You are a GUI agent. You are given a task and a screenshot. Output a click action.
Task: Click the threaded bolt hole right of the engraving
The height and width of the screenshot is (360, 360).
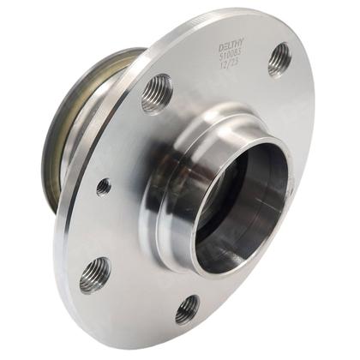pos(279,59)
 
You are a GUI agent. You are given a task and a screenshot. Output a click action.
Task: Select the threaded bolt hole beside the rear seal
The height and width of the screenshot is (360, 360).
pos(156,93)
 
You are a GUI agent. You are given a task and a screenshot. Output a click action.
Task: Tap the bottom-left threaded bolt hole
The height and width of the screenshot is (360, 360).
pos(94,274)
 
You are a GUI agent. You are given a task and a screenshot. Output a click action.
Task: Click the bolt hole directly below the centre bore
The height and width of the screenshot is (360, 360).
pos(187,309)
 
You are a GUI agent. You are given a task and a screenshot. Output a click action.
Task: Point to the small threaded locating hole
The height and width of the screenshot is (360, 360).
pos(104,186)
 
